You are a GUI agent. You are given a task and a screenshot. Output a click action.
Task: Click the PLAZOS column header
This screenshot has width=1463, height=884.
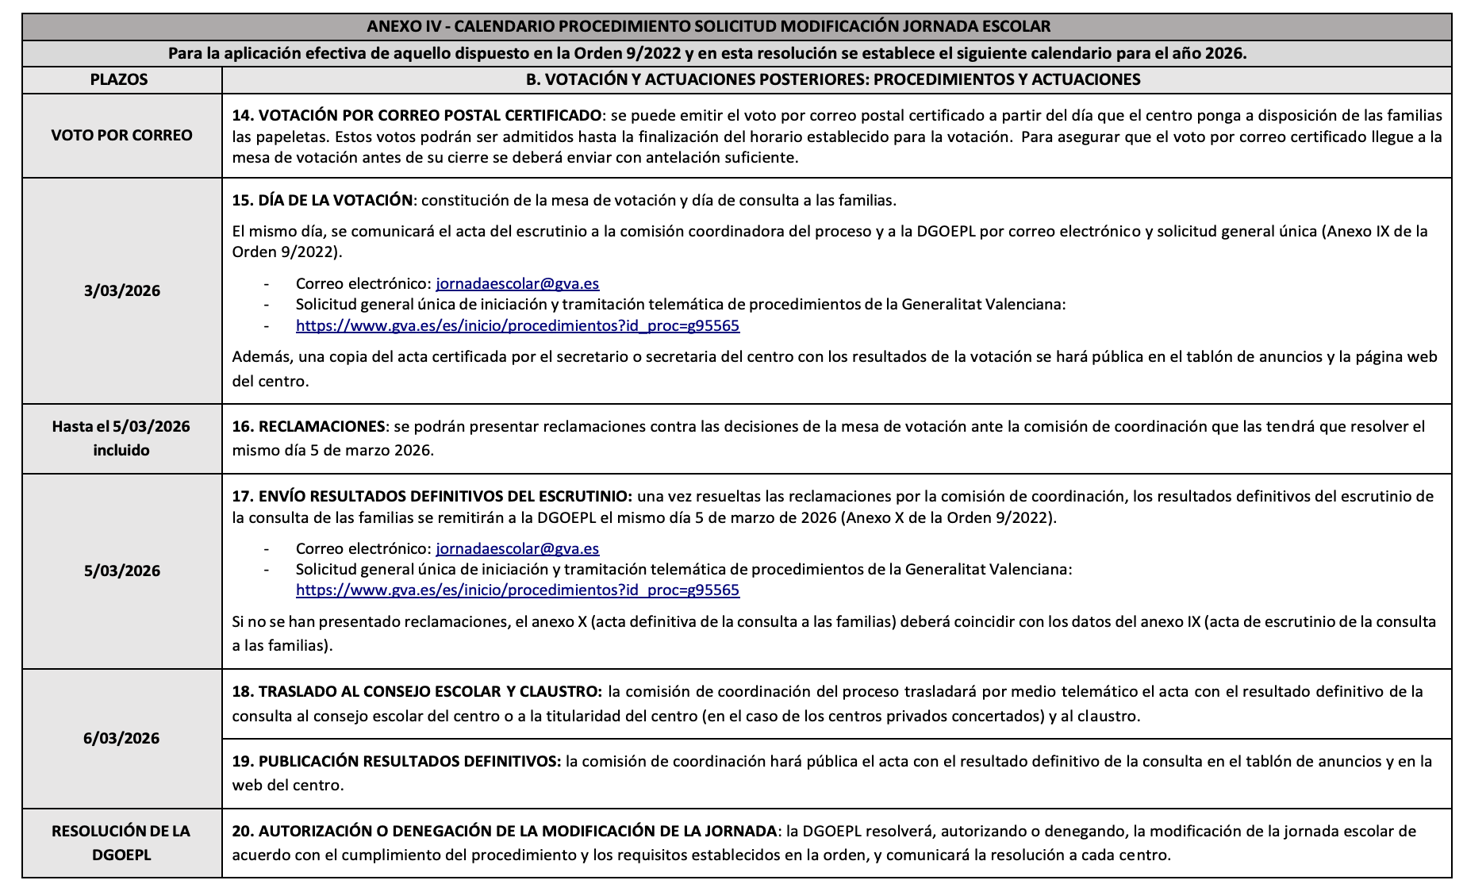point(119,79)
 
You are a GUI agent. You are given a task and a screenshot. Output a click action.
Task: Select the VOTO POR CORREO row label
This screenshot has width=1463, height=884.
point(121,135)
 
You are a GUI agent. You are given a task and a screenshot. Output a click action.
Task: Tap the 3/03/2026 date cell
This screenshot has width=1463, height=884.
point(121,290)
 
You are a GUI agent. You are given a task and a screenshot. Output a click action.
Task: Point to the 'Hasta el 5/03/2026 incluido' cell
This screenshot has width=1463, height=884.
point(121,438)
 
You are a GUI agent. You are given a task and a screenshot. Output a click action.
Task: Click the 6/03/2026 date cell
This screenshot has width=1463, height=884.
point(121,738)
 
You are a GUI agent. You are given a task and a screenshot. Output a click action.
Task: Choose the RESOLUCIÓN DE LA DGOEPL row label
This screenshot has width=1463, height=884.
point(121,843)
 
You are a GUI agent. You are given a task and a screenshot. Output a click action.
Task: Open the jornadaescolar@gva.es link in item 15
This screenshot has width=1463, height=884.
point(517,283)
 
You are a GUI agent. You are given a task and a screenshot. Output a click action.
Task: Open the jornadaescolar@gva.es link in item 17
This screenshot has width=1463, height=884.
point(517,548)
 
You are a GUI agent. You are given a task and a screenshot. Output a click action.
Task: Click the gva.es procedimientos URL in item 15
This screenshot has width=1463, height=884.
point(517,325)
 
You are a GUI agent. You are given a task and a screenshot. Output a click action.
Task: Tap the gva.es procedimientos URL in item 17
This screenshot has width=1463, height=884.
point(517,590)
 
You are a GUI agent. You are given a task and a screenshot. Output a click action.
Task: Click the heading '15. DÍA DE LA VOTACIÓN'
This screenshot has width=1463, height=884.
point(322,200)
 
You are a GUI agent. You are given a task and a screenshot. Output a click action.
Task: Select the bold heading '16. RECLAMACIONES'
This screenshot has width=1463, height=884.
point(309,426)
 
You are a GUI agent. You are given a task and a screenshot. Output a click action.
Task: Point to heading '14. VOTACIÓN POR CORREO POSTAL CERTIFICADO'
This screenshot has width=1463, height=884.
point(417,115)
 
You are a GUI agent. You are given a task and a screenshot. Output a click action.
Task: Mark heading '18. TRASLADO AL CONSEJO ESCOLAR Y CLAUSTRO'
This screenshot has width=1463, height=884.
point(417,691)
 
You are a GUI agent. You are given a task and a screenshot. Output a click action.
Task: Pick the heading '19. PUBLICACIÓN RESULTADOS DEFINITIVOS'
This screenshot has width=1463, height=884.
point(396,761)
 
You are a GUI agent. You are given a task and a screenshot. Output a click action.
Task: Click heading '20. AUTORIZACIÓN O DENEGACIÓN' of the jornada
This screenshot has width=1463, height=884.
point(504,831)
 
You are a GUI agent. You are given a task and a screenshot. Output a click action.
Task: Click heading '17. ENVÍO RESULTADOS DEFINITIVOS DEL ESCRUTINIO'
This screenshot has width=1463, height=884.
point(432,496)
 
